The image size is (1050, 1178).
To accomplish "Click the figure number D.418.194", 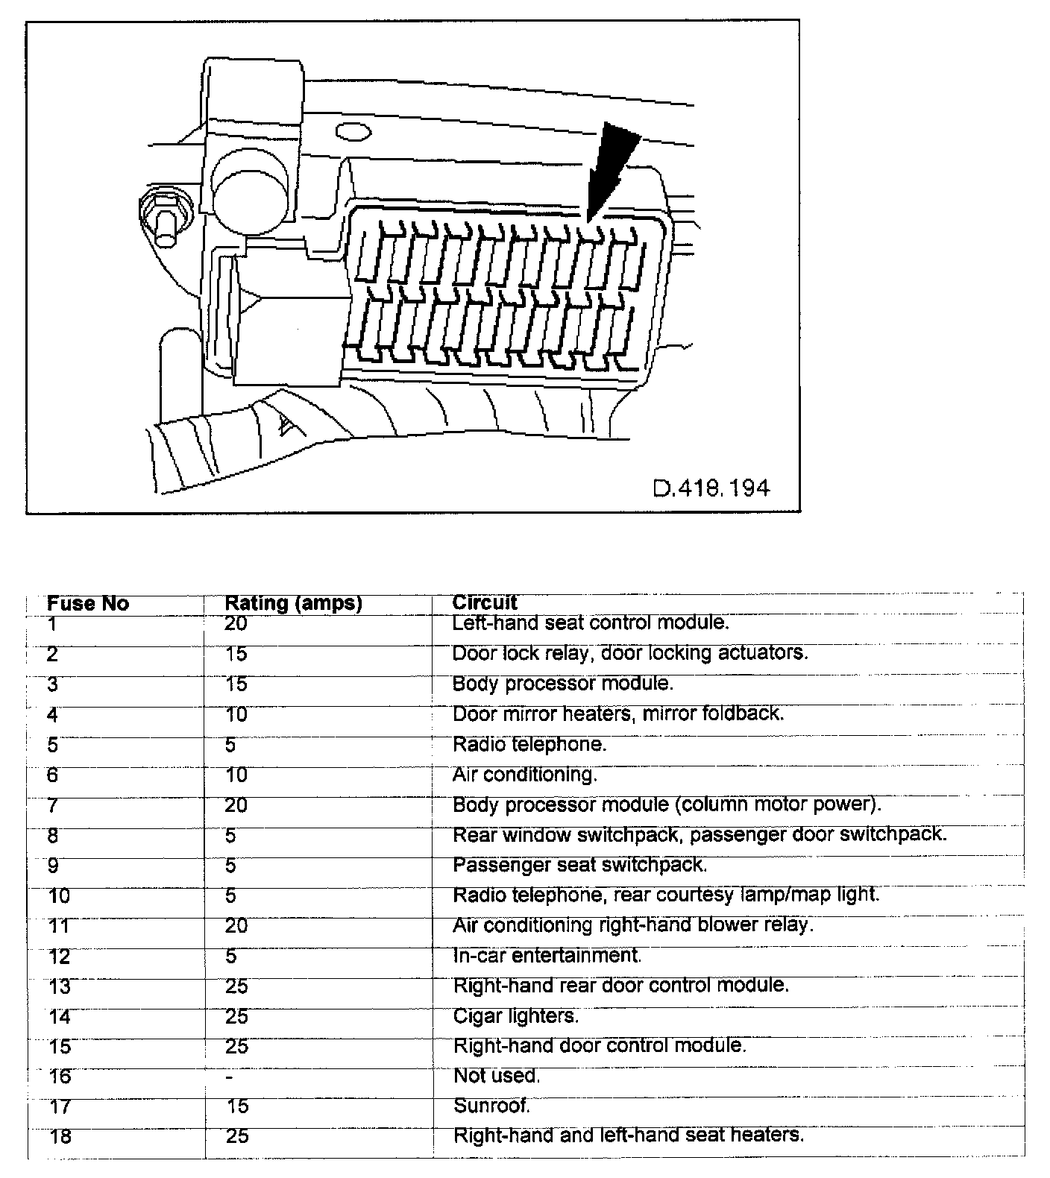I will pyautogui.click(x=711, y=488).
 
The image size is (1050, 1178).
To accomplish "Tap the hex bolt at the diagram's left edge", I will pyautogui.click(x=162, y=215).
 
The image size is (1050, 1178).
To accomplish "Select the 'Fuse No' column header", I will pyautogui.click(x=88, y=603).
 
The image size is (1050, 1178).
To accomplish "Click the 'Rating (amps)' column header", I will pyautogui.click(x=293, y=603).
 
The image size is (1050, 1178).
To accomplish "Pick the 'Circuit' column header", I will pyautogui.click(x=485, y=602).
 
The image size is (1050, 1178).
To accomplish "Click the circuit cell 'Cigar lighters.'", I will pyautogui.click(x=515, y=1015).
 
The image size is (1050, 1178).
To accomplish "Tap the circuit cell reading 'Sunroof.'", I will pyautogui.click(x=491, y=1106).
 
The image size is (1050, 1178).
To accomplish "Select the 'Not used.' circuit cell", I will pyautogui.click(x=497, y=1076).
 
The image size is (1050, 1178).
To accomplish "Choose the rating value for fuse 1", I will pyautogui.click(x=236, y=623).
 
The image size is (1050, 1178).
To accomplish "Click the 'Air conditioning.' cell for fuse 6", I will pyautogui.click(x=524, y=775).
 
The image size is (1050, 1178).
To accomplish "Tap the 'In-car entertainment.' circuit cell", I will pyautogui.click(x=547, y=955).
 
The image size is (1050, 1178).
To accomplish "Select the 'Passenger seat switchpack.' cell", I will pyautogui.click(x=579, y=865).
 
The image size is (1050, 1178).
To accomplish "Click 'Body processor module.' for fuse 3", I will pyautogui.click(x=563, y=684).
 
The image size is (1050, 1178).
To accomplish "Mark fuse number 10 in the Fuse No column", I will pyautogui.click(x=60, y=896).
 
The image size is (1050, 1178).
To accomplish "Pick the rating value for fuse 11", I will pyautogui.click(x=236, y=926).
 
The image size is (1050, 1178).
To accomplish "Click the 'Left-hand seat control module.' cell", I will pyautogui.click(x=591, y=623).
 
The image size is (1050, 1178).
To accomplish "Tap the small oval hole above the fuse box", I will pyautogui.click(x=353, y=133).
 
